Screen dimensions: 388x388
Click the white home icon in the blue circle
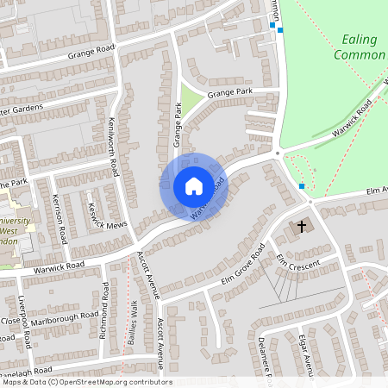click(x=194, y=186)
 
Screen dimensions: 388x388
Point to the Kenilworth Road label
click(x=113, y=147)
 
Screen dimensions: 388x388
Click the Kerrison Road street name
click(x=59, y=216)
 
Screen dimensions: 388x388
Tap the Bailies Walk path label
click(x=133, y=321)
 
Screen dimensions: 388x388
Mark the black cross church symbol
click(x=302, y=227)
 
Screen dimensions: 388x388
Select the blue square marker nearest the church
click(x=302, y=186)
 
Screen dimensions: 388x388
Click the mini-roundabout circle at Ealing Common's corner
click(x=278, y=153)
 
